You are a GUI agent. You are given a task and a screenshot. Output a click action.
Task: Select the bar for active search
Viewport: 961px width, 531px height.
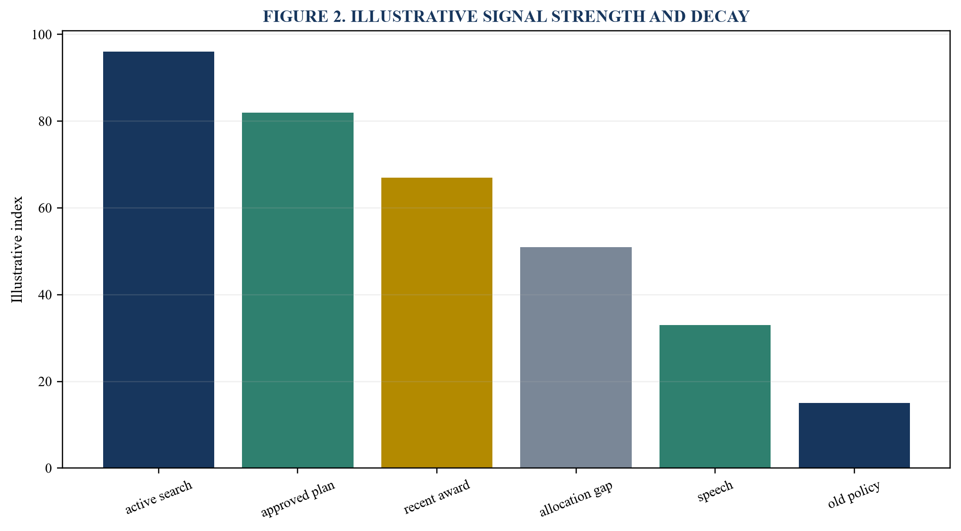[159, 260]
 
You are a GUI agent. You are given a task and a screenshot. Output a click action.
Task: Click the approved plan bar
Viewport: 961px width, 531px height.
[298, 290]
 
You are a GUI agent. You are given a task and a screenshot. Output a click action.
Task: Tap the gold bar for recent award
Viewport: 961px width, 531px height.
[437, 323]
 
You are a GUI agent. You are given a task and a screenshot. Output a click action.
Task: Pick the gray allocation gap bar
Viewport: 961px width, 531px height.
[576, 357]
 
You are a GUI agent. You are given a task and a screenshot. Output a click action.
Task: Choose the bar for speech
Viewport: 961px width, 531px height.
[715, 397]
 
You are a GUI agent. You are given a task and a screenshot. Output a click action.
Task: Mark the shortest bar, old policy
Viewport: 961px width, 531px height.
[854, 435]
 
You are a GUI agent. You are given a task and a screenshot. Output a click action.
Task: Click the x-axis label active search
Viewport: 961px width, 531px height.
[159, 497]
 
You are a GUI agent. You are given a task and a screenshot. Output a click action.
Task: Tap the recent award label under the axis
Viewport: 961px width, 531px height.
[437, 497]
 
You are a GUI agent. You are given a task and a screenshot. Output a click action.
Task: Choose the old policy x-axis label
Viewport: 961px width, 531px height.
[854, 494]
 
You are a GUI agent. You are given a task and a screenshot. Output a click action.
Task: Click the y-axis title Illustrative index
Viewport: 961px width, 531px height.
[17, 250]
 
